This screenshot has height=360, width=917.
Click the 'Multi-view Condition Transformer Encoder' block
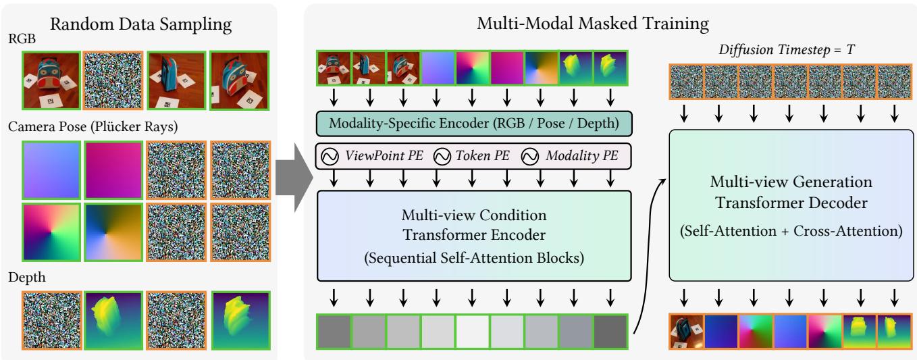point(473,235)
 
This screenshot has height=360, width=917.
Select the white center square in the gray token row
point(473,331)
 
